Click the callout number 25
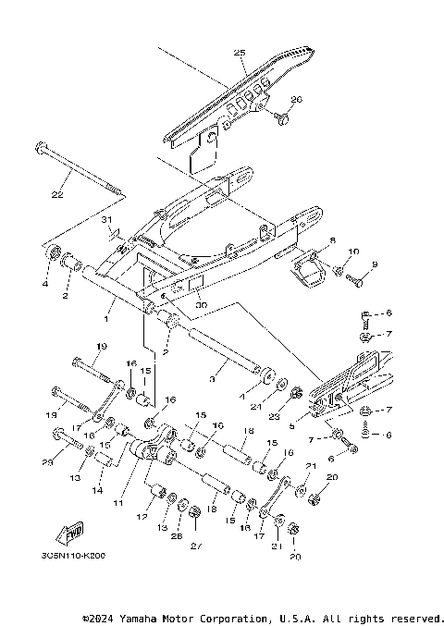click(239, 55)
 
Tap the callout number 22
click(57, 195)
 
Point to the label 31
click(105, 219)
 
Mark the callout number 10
click(353, 251)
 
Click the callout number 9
click(375, 265)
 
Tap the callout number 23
click(300, 416)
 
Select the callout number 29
click(46, 461)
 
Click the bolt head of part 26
click(282, 117)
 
